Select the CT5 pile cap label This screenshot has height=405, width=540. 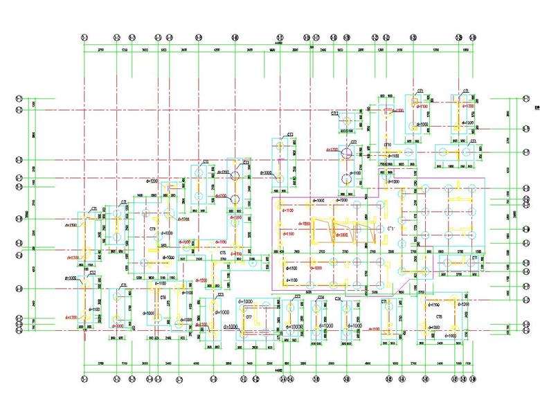223,254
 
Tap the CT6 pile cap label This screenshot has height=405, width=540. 163,297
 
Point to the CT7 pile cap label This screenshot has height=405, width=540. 247,316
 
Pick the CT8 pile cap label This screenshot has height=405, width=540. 439,316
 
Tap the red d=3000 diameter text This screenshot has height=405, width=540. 118,325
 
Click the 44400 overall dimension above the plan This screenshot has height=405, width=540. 278,44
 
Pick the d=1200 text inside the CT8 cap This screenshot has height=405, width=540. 462,304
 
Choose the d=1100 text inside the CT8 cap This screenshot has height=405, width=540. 433,304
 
